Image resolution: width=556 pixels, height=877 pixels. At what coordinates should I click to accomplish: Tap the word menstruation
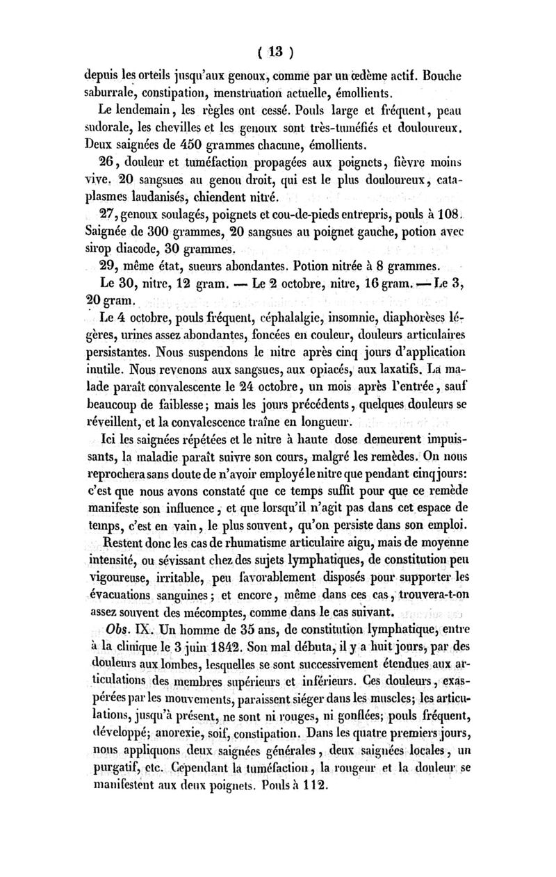284,93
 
